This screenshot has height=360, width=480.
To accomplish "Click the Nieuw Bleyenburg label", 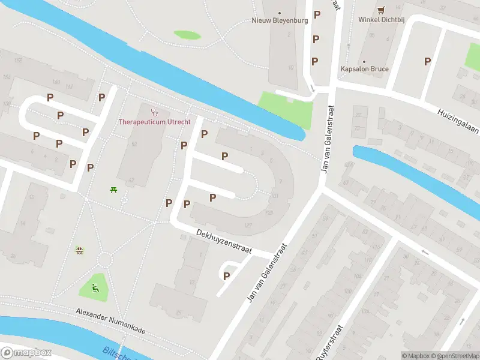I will [280, 20].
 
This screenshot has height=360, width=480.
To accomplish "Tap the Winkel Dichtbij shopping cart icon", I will [381, 10].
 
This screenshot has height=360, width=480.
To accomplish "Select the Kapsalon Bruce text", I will [364, 69].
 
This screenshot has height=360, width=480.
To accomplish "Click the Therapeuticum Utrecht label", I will [154, 122].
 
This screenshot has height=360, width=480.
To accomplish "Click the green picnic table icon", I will [113, 190].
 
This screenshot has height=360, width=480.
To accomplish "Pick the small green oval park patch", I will [187, 35].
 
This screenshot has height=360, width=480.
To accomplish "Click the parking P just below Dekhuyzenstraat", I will [226, 276].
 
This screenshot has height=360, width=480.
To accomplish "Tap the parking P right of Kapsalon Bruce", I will [427, 61].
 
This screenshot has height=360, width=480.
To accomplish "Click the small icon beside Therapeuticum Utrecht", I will [154, 112].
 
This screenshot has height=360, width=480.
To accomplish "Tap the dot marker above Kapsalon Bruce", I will [364, 61].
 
